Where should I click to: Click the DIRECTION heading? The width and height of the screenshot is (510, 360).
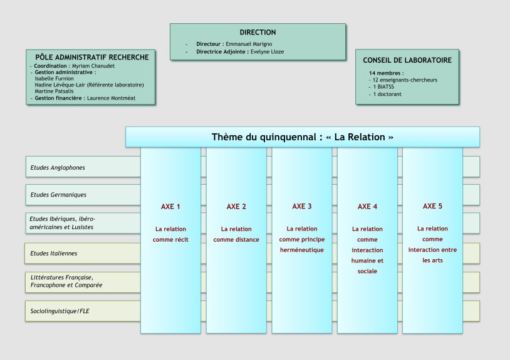[x=258, y=33]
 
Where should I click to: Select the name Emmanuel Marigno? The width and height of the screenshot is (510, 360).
[x=249, y=44]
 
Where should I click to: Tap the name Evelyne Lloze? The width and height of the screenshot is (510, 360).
[x=267, y=52]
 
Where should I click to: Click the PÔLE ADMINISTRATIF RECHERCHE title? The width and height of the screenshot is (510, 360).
[x=92, y=58]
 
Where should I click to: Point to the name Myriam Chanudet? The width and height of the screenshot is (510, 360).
[x=93, y=66]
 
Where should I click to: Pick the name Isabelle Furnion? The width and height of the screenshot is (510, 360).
[x=54, y=79]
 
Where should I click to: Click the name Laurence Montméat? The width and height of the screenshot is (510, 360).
[x=112, y=98]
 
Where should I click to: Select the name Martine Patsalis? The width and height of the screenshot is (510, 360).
[x=54, y=91]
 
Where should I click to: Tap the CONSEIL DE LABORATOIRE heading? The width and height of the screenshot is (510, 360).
[x=407, y=61]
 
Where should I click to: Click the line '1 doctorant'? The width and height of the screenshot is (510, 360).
[x=387, y=94]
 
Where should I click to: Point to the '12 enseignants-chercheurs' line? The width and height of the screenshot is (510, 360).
[x=405, y=80]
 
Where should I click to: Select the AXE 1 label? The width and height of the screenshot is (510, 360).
[x=170, y=207]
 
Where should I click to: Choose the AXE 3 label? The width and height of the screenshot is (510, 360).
[x=302, y=207]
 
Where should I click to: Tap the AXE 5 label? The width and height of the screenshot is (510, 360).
[x=432, y=206]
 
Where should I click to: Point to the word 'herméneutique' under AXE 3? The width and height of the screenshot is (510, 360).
[x=302, y=250]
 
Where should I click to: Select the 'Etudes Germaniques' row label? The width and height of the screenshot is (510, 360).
[x=58, y=195]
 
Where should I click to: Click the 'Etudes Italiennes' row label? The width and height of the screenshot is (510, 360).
[x=54, y=254]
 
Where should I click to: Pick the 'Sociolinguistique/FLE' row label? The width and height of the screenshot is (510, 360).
[x=60, y=311]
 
